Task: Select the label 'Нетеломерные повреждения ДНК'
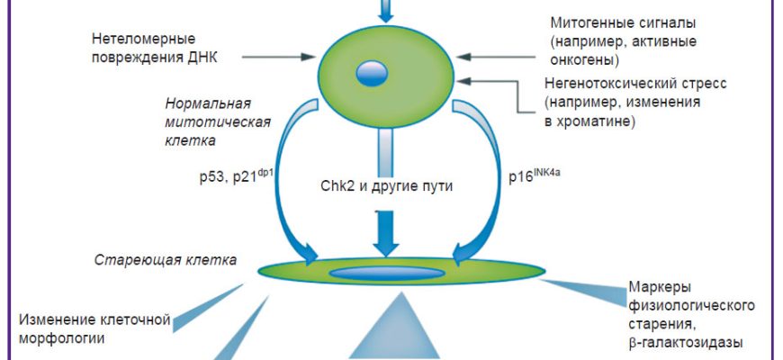coord(154,49)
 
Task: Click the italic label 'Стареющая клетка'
coord(166,261)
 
